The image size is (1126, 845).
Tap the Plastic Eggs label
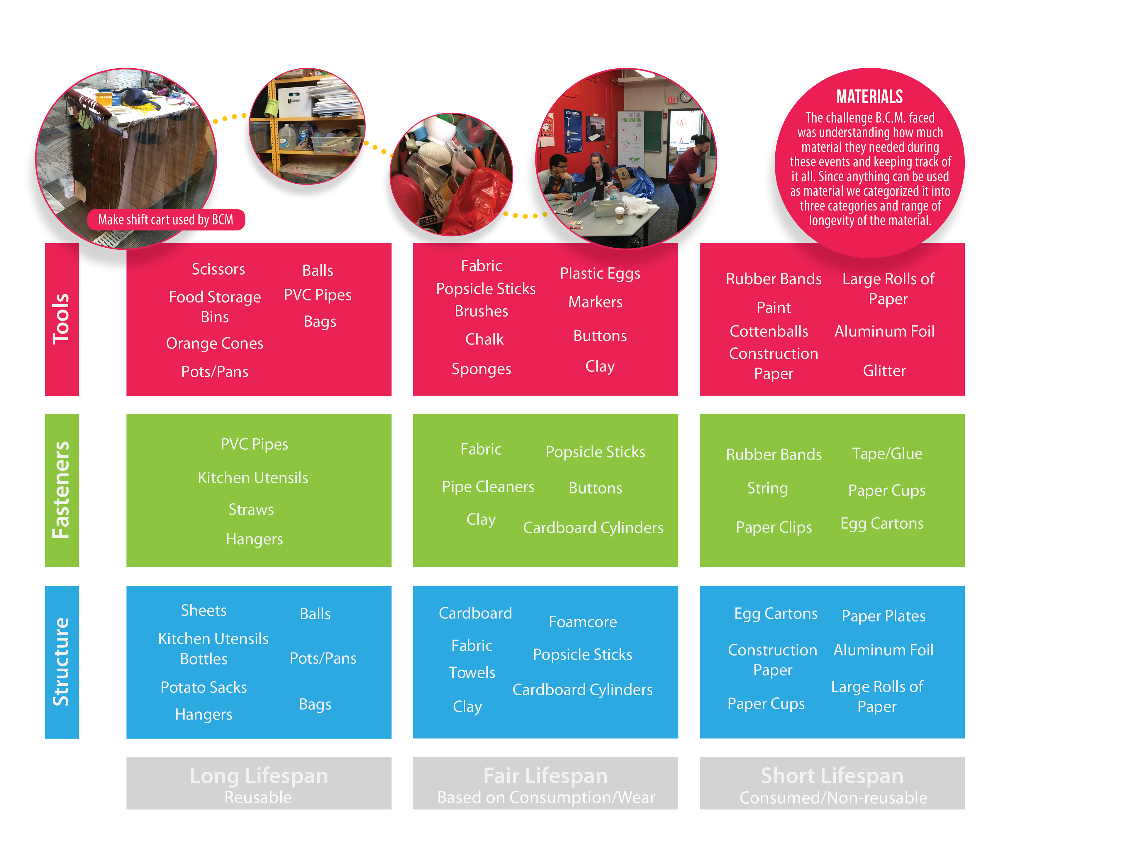tap(600, 273)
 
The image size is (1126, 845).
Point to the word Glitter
tap(884, 371)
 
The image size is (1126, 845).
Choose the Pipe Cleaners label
tap(488, 487)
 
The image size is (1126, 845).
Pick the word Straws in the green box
tap(251, 509)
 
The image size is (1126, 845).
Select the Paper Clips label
tap(774, 527)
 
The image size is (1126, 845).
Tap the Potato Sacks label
tap(203, 687)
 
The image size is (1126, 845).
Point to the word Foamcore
tap(582, 622)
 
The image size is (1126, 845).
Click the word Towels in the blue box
tap(472, 672)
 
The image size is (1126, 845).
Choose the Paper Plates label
tap(883, 616)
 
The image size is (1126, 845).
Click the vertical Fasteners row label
tap(61, 490)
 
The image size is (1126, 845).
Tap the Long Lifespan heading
tap(259, 776)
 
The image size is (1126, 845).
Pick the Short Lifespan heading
tap(832, 776)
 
